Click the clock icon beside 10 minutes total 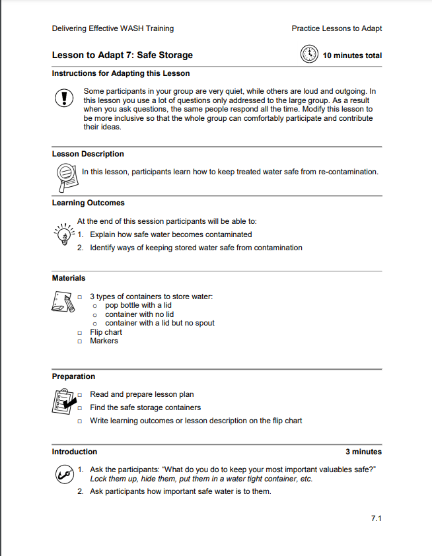click(x=309, y=55)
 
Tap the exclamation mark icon click(x=64, y=98)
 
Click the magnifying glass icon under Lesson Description click(x=65, y=174)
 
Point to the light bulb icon click(x=63, y=233)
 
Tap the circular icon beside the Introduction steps click(x=63, y=473)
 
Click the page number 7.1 click(x=376, y=518)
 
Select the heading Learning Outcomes click(x=89, y=203)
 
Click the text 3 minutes click(x=363, y=452)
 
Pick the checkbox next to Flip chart click(x=79, y=333)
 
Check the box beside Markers click(x=79, y=341)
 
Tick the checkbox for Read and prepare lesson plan click(x=79, y=395)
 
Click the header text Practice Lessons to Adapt click(x=336, y=28)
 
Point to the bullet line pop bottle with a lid click(x=138, y=305)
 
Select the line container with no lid click(x=139, y=314)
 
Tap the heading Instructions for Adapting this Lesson click(x=121, y=73)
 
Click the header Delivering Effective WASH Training click(x=113, y=28)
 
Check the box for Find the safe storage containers click(x=79, y=408)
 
